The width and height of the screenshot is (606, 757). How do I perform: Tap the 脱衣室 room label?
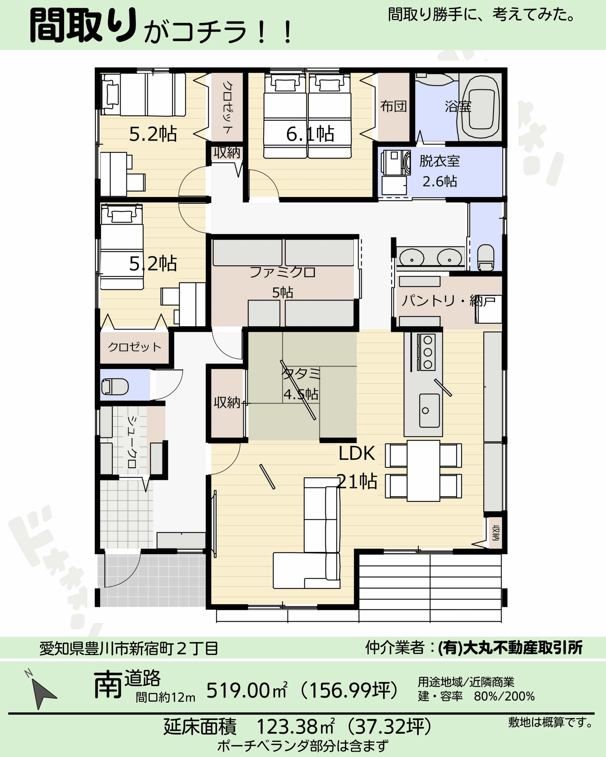pos(439,161)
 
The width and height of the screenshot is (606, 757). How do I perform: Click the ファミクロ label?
pos(283,272)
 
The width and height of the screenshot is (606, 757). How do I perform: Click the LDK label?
pos(357,453)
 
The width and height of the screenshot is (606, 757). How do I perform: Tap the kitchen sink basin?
pos(429,410)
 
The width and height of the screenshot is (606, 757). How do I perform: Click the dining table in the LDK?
pos(423,470)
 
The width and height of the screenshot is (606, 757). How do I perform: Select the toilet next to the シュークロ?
pos(115,386)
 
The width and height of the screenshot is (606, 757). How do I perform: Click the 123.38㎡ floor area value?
pos(295,727)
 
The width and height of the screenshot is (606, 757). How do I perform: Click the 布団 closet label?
pos(394,106)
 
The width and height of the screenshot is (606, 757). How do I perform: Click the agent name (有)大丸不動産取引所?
pos(510,648)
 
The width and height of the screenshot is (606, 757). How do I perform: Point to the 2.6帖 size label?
pos(439,182)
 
